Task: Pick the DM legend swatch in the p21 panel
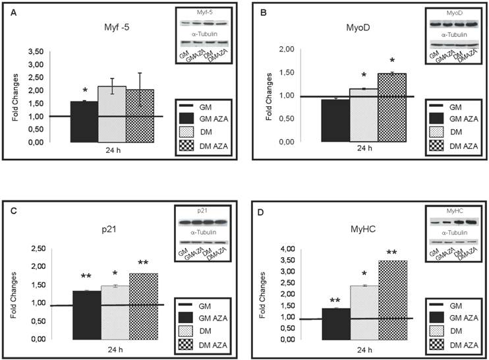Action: point(192,329)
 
